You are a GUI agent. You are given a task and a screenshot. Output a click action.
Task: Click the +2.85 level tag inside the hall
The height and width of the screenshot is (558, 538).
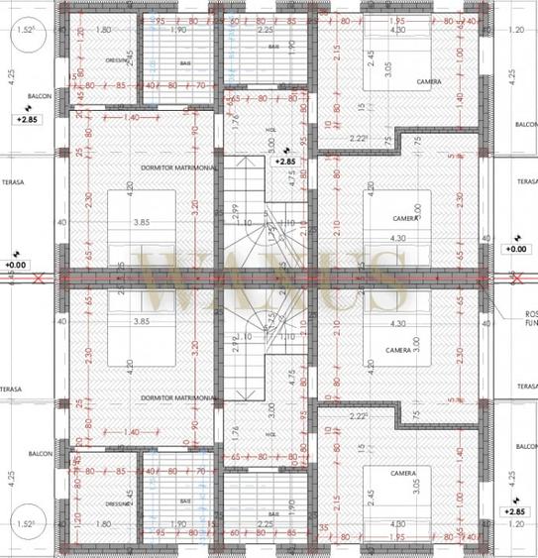pyautogui.click(x=285, y=160)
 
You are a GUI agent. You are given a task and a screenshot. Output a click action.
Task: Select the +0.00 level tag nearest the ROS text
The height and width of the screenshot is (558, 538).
pyautogui.click(x=515, y=249)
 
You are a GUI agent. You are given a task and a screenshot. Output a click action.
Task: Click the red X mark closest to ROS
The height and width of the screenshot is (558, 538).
pyautogui.click(x=513, y=279)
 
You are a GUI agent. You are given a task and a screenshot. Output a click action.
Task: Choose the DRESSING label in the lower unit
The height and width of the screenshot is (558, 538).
pyautogui.click(x=118, y=502)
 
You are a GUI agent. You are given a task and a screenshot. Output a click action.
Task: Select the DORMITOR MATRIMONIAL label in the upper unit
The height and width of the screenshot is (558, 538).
pyautogui.click(x=179, y=167)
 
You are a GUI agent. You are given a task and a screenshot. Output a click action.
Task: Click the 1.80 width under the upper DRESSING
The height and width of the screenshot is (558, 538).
pyautogui.click(x=103, y=31)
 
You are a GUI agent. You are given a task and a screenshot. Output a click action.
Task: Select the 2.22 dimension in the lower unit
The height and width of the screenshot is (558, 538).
pyautogui.click(x=358, y=417)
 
